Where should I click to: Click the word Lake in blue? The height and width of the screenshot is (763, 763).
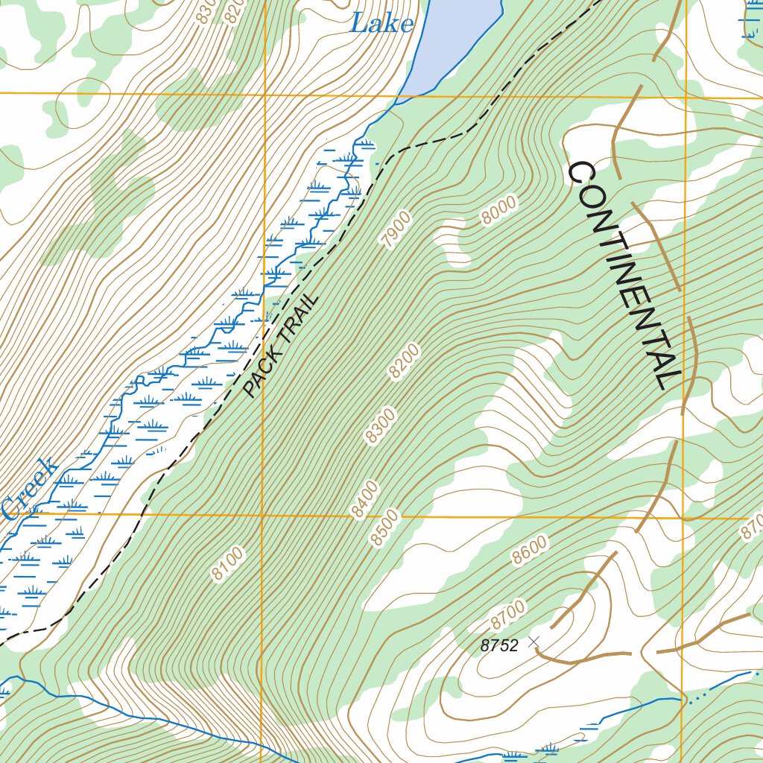[381, 24]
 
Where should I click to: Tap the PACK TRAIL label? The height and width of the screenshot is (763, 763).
[281, 346]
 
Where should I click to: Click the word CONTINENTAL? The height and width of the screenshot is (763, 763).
[624, 275]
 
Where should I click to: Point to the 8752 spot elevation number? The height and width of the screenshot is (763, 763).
[498, 646]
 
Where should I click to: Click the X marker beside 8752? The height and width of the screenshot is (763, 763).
[534, 642]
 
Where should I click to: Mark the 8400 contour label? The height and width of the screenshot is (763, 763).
[365, 499]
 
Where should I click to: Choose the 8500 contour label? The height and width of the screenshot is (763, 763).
[386, 528]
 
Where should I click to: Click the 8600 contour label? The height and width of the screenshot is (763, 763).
[529, 550]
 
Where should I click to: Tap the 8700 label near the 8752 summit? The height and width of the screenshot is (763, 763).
[507, 613]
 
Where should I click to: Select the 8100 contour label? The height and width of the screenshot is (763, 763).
[227, 563]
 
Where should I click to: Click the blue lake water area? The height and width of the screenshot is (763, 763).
[455, 37]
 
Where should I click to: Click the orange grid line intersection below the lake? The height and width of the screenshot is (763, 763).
[265, 95]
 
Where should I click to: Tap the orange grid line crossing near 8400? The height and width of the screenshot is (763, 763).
[263, 514]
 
